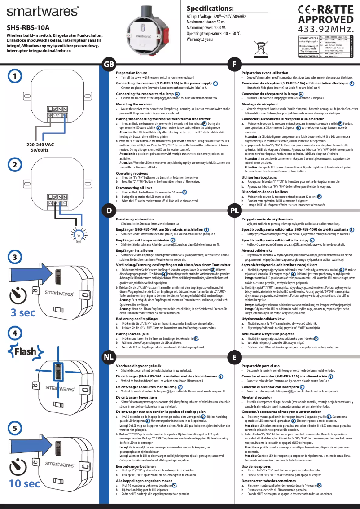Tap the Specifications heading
210,9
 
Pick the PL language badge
234,210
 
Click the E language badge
234,357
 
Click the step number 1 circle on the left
15,76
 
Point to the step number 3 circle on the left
15,257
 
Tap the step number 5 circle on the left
15,428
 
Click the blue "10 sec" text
25,483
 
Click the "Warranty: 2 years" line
200,39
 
